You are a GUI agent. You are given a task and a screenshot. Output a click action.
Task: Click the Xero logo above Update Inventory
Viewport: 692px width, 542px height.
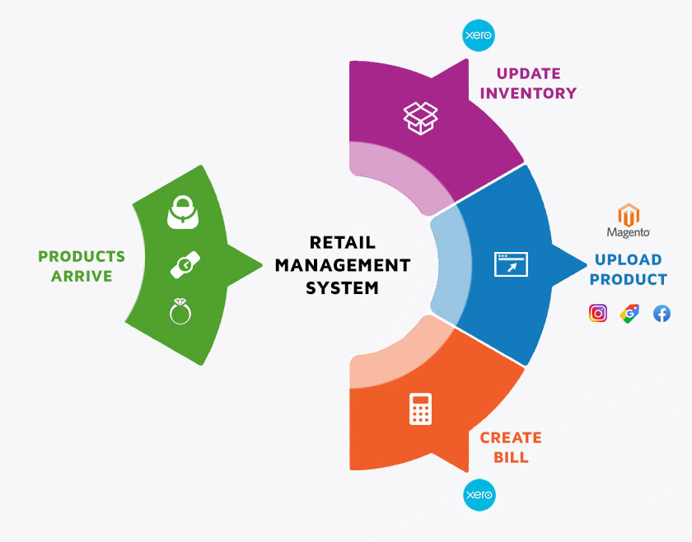[479, 35]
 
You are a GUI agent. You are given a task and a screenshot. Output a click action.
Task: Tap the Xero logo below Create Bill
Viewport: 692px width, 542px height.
[479, 495]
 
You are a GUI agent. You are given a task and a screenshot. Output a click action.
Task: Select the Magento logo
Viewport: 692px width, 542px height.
[629, 221]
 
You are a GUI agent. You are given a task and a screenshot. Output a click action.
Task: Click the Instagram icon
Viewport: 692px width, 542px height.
[598, 313]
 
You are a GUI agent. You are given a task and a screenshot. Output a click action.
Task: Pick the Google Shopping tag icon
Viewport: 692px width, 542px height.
[629, 313]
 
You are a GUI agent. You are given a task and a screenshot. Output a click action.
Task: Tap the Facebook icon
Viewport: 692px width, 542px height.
[662, 313]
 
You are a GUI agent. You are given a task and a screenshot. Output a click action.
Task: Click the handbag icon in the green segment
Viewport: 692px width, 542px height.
[183, 213]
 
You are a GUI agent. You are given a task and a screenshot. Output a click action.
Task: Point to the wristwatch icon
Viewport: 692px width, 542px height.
[185, 264]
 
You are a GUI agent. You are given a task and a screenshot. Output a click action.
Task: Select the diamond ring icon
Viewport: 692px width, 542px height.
[180, 311]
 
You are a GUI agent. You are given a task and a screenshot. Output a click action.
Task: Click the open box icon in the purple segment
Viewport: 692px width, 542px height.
[421, 118]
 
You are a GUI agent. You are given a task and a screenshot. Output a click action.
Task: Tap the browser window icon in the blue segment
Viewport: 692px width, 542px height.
[511, 264]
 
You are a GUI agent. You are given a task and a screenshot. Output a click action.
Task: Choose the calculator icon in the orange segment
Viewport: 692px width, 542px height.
[421, 409]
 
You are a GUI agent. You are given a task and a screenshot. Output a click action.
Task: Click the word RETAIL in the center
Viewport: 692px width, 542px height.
[343, 242]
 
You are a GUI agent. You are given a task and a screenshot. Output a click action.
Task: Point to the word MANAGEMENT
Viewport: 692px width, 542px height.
[343, 265]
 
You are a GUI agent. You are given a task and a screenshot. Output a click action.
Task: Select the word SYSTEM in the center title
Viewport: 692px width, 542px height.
[343, 288]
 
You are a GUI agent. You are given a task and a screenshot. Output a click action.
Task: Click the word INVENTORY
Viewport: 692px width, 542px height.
[528, 93]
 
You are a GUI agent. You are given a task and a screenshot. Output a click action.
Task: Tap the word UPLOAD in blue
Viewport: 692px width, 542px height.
[629, 259]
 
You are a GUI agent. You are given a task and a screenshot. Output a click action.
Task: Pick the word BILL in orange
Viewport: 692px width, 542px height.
[511, 457]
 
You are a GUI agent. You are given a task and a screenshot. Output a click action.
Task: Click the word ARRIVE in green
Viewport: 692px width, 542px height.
[82, 276]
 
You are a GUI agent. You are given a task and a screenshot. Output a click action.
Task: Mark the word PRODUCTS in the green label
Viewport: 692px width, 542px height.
[82, 256]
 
